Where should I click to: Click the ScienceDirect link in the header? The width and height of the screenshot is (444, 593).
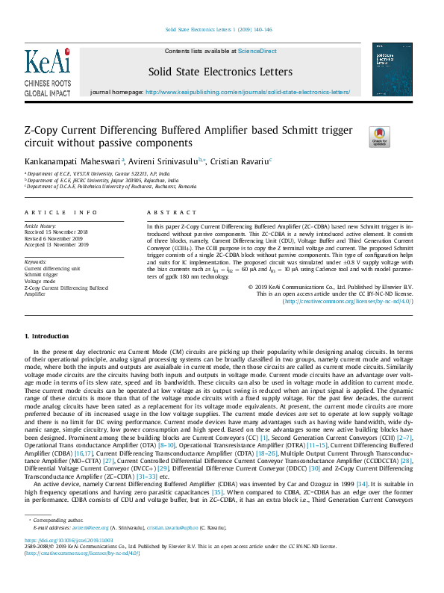[257, 51]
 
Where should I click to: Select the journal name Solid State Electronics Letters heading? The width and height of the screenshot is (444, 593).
[220, 71]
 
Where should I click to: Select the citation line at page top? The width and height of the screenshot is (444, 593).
[218, 30]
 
